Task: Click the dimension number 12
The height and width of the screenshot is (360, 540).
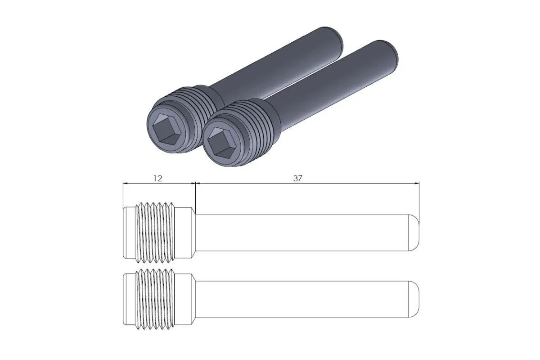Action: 157,178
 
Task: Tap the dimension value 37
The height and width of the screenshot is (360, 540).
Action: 297,178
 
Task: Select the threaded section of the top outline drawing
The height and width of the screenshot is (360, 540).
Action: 156,232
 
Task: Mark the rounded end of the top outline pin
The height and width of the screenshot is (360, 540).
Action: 415,233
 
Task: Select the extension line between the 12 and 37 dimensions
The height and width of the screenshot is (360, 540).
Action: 195,196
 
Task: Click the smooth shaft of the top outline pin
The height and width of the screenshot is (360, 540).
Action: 301,233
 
